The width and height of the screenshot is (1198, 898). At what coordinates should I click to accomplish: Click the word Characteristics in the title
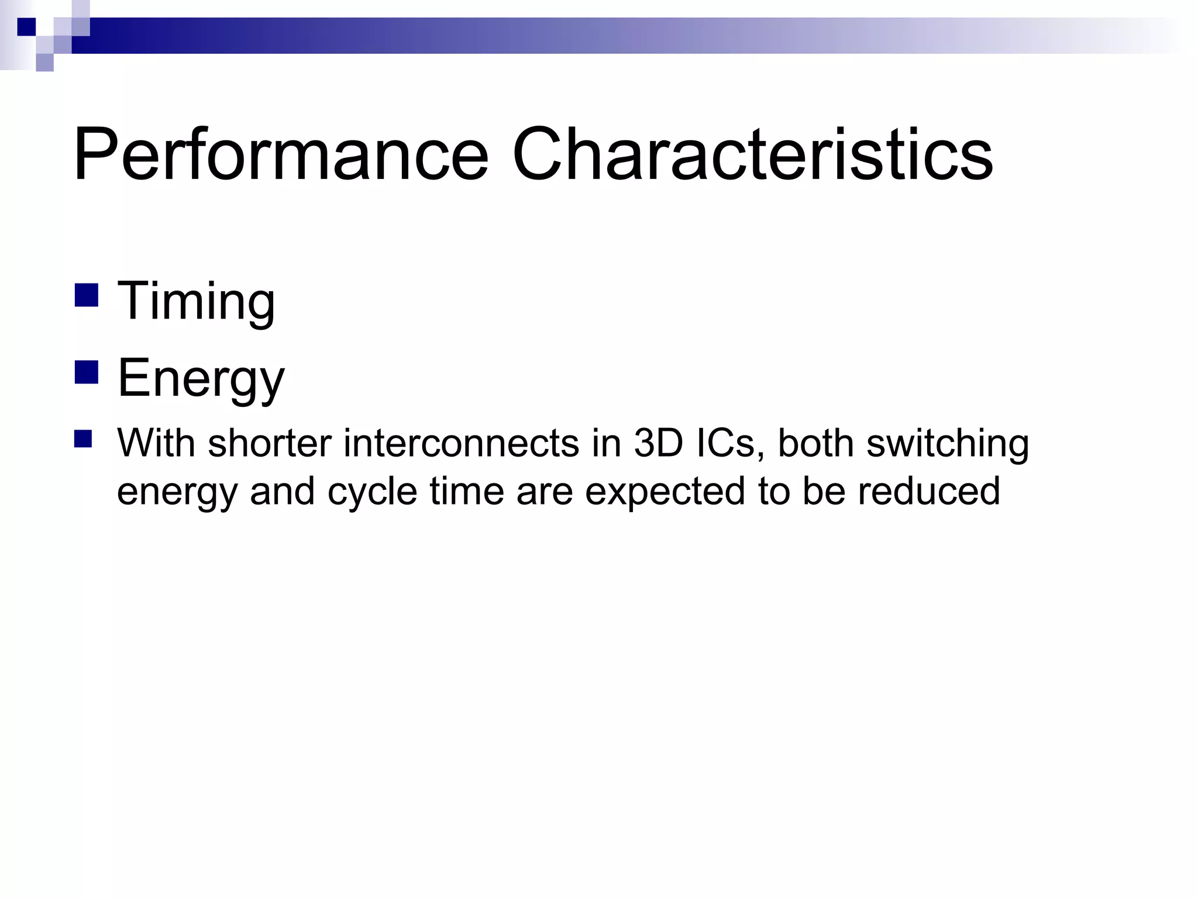coord(752,155)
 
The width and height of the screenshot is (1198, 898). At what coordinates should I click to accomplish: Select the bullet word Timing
coord(196,301)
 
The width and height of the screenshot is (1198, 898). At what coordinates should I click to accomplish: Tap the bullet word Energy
coord(201,379)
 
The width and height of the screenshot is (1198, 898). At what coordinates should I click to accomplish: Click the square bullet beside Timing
coord(87,295)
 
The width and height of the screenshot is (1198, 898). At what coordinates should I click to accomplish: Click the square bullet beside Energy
coord(87,372)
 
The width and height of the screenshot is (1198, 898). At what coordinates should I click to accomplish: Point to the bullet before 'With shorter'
coord(84,439)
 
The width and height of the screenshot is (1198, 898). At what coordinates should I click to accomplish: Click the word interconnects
coord(462,443)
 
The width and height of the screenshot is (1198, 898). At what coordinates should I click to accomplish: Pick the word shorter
coord(270,443)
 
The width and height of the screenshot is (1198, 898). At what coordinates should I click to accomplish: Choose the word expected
coord(665,492)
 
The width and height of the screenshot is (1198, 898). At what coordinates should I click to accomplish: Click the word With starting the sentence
coord(156,443)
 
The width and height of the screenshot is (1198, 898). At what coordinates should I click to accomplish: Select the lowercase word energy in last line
coord(177,492)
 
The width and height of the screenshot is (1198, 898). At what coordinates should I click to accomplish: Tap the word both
coord(816,443)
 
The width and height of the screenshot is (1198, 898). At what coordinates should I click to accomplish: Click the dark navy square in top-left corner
coord(26,27)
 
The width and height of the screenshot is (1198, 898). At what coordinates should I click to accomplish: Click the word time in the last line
coord(467,492)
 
